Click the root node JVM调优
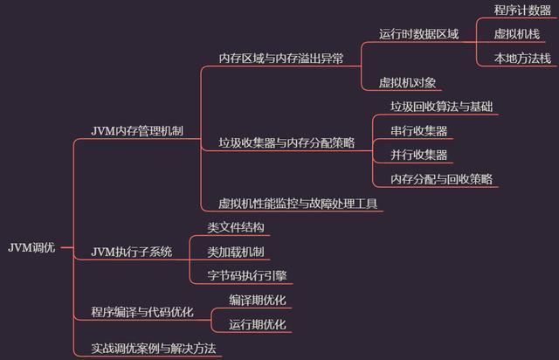(x=31, y=247)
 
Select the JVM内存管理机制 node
(x=137, y=131)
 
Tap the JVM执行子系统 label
(x=132, y=252)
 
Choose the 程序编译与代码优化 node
(x=142, y=312)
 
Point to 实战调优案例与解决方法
(x=153, y=348)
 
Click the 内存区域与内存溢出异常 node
(x=280, y=59)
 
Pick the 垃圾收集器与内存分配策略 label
(x=286, y=142)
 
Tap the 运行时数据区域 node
(x=418, y=34)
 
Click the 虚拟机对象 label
(x=408, y=83)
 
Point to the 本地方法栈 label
(x=522, y=59)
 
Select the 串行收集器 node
(x=419, y=131)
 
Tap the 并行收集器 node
(x=419, y=155)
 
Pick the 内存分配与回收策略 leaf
(x=442, y=179)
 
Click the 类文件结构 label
(x=235, y=227)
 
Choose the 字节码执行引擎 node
(x=247, y=275)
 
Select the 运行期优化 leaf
(x=258, y=324)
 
